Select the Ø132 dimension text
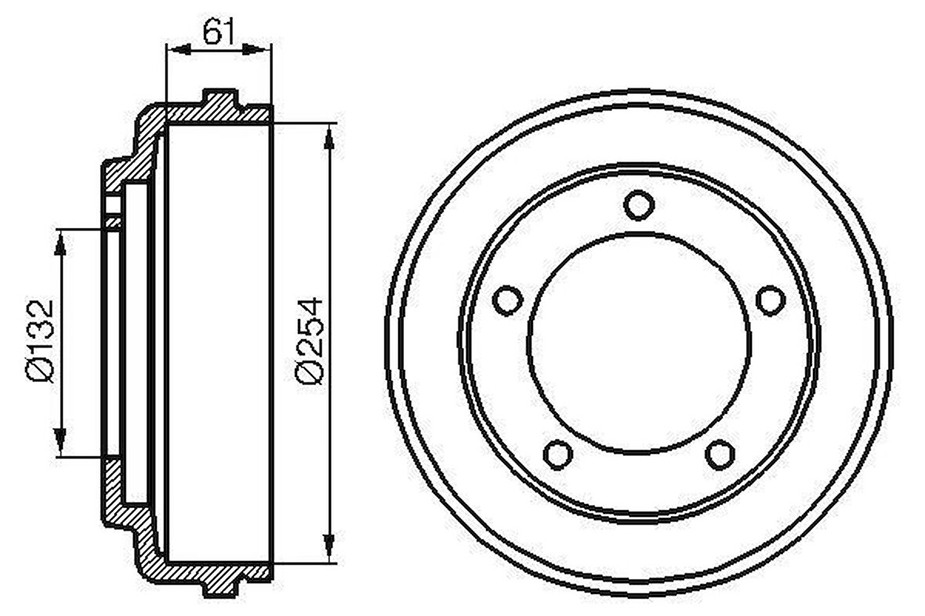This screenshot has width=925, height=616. [x=39, y=342]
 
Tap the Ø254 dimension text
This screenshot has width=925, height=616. [x=309, y=340]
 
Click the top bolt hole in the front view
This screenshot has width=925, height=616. [x=639, y=205]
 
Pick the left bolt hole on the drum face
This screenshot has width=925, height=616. [x=508, y=299]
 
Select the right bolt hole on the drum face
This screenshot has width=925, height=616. [x=770, y=299]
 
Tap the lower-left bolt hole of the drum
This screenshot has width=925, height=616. [x=557, y=454]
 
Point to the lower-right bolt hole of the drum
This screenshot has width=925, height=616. [x=720, y=454]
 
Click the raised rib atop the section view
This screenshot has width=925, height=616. [x=220, y=100]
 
